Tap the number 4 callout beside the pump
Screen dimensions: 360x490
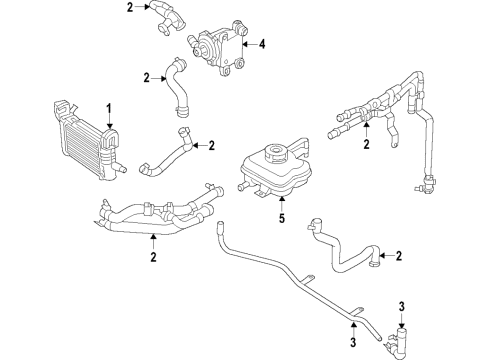(x=261, y=43)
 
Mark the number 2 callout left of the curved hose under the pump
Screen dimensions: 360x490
(x=147, y=77)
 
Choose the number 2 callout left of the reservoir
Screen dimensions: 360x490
(x=211, y=146)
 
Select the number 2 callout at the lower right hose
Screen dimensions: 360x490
(x=398, y=255)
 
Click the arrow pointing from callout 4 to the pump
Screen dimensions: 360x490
(x=249, y=43)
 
